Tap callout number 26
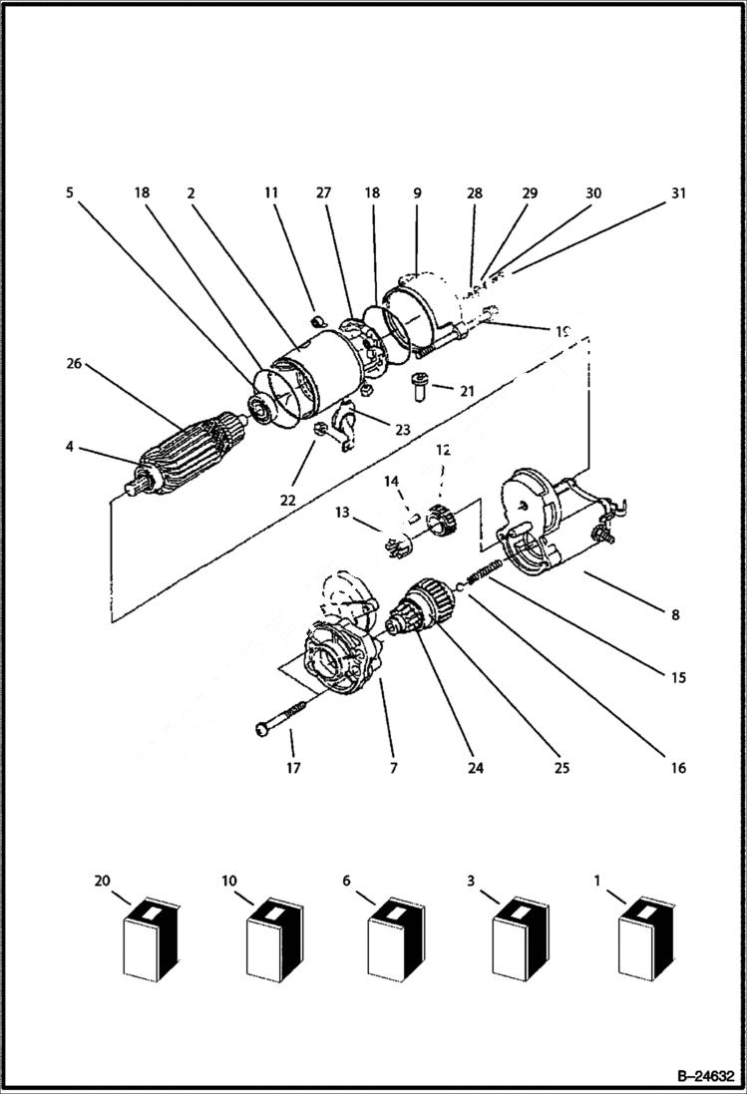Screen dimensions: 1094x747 pos(75,364)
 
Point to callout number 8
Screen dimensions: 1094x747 pos(675,615)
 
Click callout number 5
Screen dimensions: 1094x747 pos(70,193)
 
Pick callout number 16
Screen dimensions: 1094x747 pos(678,769)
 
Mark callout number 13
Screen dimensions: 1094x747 pos(342,512)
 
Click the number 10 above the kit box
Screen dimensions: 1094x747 pos(229,882)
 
